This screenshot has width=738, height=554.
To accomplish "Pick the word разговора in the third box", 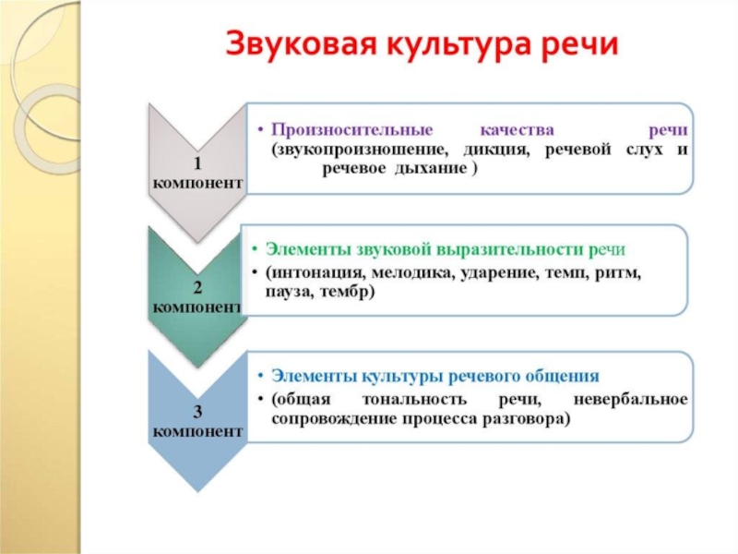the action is [528, 418].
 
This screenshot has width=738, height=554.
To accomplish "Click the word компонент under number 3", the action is [198, 430].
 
